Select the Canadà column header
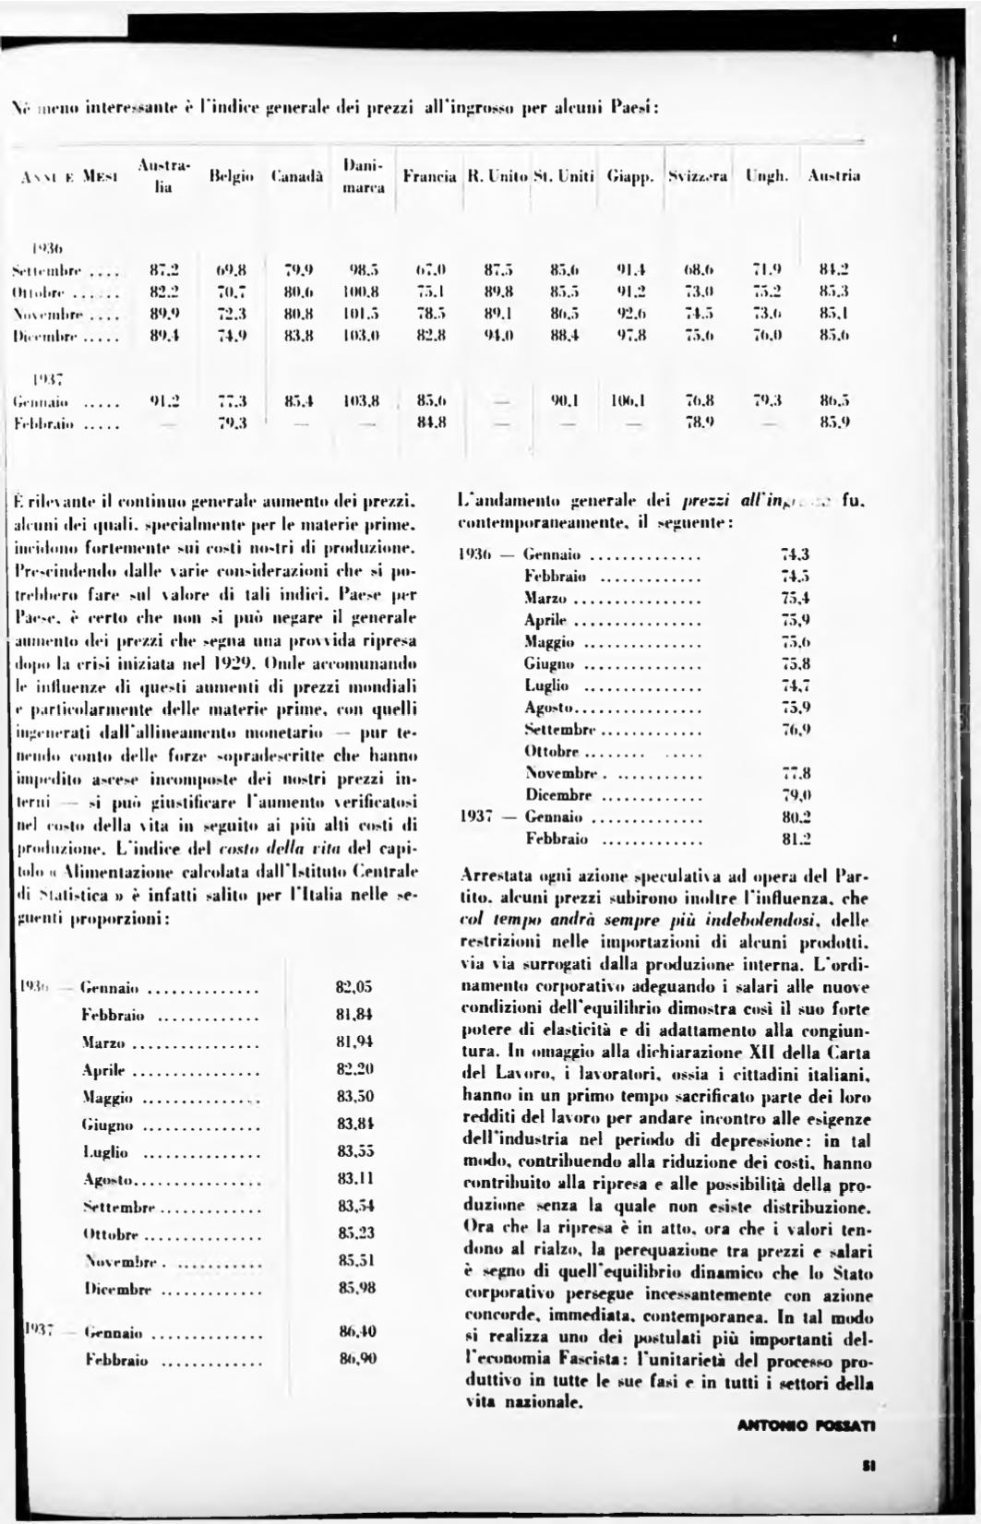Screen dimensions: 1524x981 click(x=295, y=174)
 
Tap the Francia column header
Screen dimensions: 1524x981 click(x=430, y=174)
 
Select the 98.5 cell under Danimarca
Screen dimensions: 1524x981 click(x=363, y=270)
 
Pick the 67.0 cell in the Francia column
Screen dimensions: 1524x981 click(x=430, y=270)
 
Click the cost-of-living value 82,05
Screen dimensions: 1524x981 click(x=354, y=987)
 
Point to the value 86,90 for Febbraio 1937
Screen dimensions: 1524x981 click(x=354, y=1359)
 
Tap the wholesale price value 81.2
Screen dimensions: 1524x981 click(x=795, y=839)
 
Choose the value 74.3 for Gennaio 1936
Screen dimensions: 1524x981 click(x=795, y=554)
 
